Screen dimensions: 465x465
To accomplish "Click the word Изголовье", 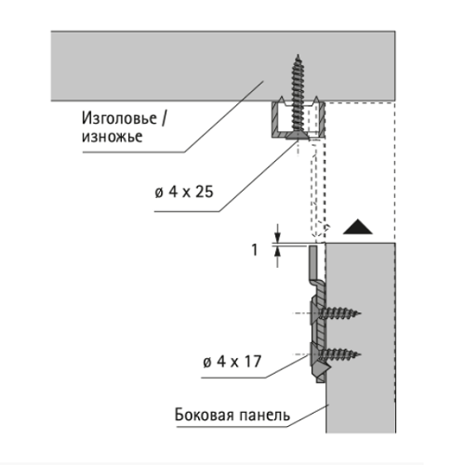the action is point(119,119).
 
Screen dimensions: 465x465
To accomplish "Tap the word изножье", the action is point(112,137).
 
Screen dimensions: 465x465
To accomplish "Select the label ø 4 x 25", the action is point(184,193).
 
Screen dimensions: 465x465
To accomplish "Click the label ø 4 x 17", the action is point(232,362).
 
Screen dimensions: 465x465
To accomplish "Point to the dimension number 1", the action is point(255,250).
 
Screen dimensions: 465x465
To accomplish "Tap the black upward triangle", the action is point(358,227).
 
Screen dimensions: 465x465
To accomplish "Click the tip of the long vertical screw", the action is point(299,55).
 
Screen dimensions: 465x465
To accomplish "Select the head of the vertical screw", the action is point(299,136).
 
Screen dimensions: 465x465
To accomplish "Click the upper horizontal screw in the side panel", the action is point(336,313).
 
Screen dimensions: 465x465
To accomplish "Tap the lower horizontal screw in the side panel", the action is point(336,354).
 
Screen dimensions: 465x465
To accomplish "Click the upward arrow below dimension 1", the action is point(277,257).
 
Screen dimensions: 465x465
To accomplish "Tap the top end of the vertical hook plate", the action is point(312,246).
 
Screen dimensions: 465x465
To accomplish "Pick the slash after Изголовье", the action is point(163,119).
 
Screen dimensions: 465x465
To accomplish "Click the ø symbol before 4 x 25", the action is point(159,193).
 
